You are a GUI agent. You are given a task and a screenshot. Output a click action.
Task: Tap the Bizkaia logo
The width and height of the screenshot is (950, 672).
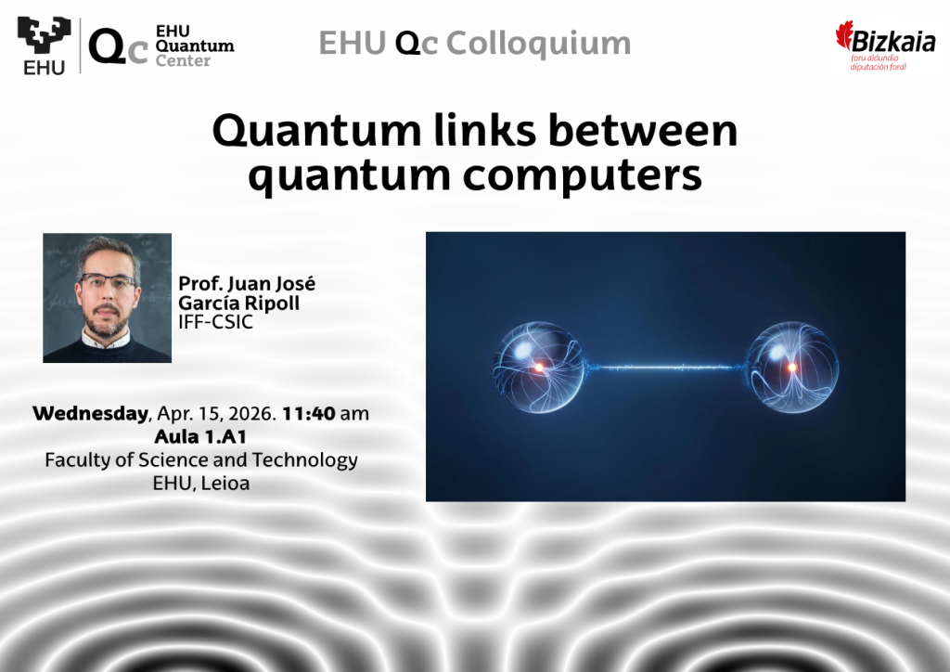[x=885, y=45]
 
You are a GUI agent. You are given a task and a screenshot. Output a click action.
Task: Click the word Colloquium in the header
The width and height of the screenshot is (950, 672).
[x=539, y=44]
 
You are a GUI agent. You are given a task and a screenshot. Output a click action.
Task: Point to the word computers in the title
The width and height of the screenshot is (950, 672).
[x=583, y=175]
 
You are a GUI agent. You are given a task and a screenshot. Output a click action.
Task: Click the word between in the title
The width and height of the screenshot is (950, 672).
[x=643, y=130]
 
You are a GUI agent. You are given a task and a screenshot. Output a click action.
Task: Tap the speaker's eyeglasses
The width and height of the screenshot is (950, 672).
[x=108, y=282]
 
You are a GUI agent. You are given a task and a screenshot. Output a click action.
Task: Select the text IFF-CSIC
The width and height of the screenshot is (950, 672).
[x=215, y=322]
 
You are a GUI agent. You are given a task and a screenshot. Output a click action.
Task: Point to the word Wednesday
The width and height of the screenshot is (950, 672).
[x=90, y=413]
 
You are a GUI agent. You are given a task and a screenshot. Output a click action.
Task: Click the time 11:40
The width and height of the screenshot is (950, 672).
[x=308, y=413]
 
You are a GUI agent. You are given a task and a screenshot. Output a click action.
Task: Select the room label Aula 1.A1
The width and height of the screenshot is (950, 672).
[x=200, y=436]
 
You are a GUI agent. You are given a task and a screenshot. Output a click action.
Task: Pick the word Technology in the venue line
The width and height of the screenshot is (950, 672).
[x=304, y=460]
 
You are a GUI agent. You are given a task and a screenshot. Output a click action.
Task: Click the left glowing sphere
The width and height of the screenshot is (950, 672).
[x=539, y=368]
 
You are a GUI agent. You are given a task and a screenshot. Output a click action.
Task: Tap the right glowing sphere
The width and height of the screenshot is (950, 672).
[x=792, y=368]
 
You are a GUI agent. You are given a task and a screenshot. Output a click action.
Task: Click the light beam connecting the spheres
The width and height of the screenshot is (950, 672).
[x=666, y=368]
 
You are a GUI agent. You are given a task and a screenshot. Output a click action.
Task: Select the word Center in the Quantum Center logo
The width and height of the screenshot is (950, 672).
[x=183, y=60]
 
